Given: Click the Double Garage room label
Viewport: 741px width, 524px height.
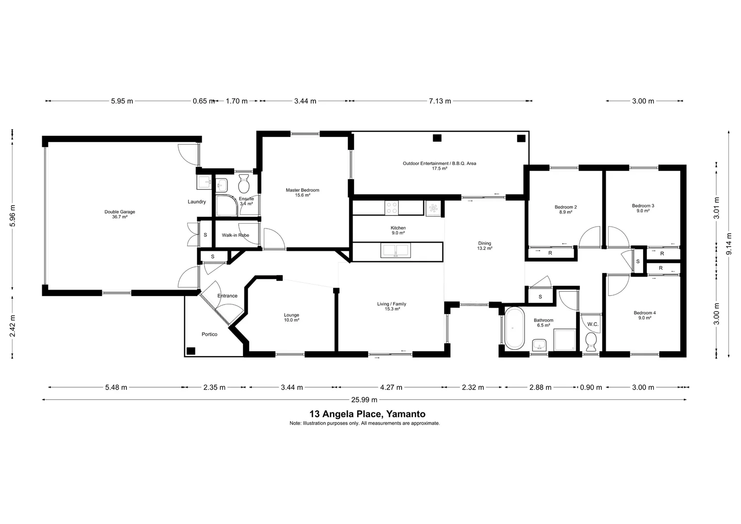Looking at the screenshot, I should click(x=119, y=214).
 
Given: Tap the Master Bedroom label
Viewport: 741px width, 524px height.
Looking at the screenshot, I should click(x=302, y=193).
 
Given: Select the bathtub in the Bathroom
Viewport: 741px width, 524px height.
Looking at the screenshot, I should click(x=514, y=328).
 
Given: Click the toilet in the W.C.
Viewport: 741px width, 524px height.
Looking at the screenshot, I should click(x=591, y=342).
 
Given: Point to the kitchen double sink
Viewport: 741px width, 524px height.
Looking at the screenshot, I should click(x=396, y=250).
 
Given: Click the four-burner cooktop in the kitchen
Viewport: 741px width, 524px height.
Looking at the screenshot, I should click(x=391, y=208).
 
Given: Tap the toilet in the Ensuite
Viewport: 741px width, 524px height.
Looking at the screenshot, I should click(x=244, y=184).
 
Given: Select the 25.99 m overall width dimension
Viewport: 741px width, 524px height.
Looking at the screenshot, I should click(x=364, y=400).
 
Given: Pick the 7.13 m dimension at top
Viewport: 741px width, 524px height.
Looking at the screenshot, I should click(x=440, y=101).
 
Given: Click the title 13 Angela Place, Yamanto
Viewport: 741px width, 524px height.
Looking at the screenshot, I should click(x=367, y=414).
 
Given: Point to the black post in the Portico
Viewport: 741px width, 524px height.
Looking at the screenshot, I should click(x=191, y=351).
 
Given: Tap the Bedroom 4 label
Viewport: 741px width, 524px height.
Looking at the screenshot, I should click(x=644, y=315).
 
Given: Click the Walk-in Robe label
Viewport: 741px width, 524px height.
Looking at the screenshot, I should click(x=235, y=235).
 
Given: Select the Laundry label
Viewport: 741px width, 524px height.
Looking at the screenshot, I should click(x=197, y=202).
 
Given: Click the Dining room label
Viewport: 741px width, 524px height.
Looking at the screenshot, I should click(x=484, y=246).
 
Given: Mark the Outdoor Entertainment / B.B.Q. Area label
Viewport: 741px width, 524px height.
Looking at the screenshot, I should click(x=439, y=166).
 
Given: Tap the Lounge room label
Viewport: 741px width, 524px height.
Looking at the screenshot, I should click(x=291, y=317).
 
